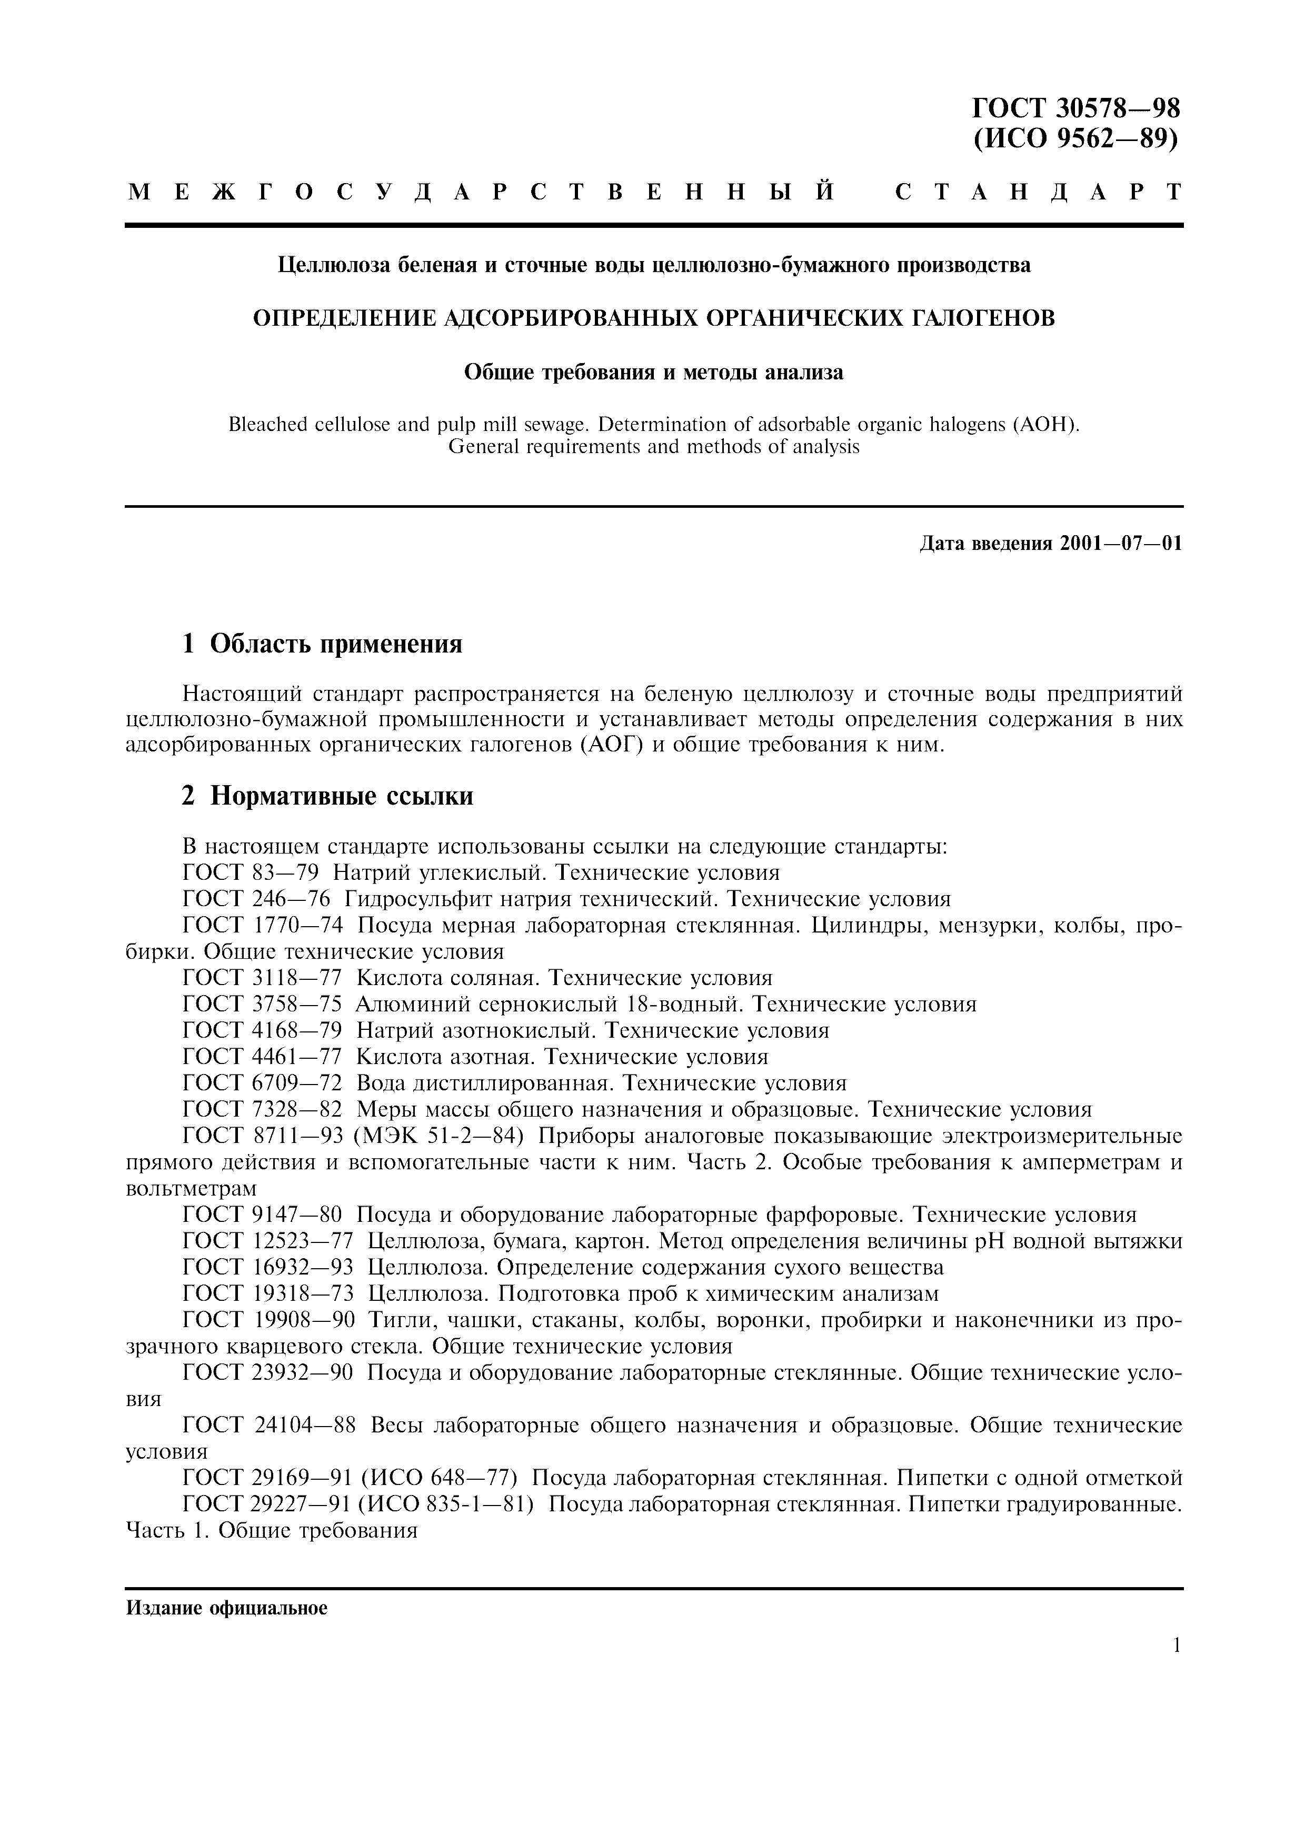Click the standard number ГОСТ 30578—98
click(1076, 108)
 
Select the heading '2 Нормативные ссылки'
click(327, 796)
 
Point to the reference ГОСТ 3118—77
click(262, 978)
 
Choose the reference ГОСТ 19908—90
click(268, 1320)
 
